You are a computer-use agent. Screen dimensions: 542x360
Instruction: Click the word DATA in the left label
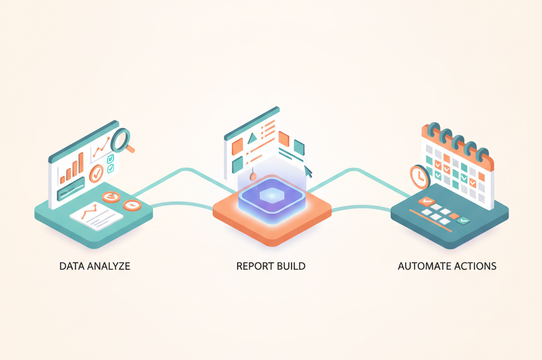tap(71, 266)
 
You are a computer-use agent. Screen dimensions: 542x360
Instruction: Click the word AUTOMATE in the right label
tap(424, 266)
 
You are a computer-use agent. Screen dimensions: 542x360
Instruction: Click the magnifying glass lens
tap(120, 140)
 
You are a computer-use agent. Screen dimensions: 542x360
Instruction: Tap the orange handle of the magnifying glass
tap(130, 149)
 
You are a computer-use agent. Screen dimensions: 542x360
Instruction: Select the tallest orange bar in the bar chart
tap(81, 163)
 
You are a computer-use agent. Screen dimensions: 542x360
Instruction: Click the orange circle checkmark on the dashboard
tap(96, 174)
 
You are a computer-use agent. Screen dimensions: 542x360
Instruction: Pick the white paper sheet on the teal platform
tap(96, 216)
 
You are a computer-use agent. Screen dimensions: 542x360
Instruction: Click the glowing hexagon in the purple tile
tap(272, 195)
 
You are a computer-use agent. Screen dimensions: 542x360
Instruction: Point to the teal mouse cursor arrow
tap(308, 172)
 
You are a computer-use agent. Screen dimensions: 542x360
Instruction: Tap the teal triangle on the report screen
tap(252, 138)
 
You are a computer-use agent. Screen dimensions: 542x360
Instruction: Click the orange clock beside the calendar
tap(420, 177)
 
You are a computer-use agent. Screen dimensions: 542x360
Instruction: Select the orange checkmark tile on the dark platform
tap(426, 201)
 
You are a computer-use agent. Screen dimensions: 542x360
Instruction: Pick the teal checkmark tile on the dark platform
tap(463, 220)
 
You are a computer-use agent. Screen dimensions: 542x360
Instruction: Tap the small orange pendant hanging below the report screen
tap(252, 176)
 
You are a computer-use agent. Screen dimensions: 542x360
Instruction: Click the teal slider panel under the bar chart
tap(71, 189)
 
